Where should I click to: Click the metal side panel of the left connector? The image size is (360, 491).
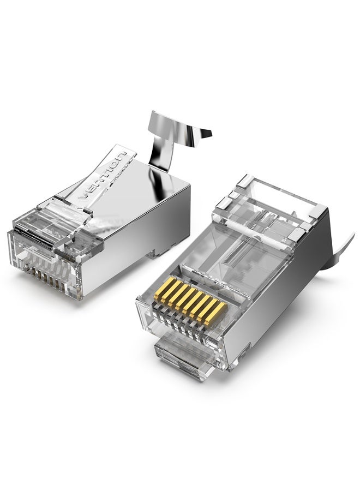142,229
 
